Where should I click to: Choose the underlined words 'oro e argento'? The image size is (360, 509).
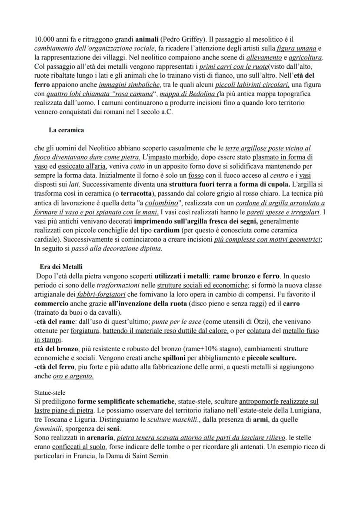pos(73,376)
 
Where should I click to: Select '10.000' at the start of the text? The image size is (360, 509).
pos(43,39)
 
